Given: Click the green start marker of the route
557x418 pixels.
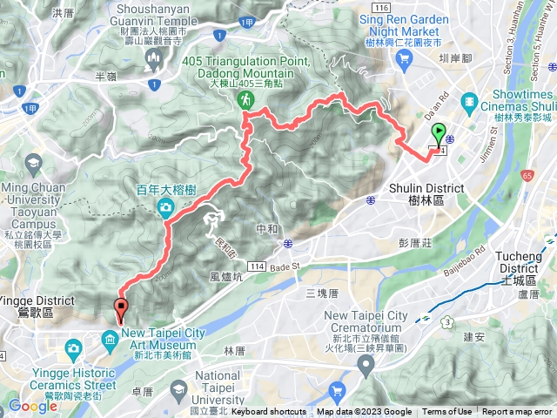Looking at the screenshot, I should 438,135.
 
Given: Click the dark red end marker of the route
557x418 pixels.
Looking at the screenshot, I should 120,308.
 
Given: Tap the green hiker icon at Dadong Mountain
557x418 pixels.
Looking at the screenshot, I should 246,100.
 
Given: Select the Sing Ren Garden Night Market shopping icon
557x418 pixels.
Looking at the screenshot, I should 403,57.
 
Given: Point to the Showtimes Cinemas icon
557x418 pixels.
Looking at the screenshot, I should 470,102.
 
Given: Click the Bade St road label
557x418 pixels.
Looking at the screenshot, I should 284,266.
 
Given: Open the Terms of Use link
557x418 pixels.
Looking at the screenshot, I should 447,412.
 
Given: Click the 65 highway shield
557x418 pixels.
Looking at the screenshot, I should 528,175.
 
